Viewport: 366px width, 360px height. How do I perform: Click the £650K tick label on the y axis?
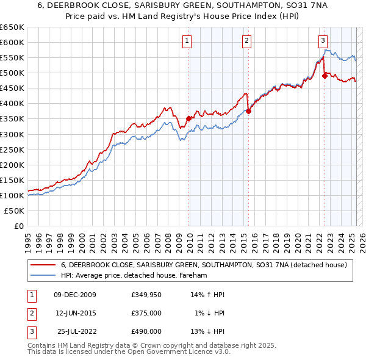pos(13,27)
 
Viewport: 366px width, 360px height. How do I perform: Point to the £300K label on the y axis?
pos(13,134)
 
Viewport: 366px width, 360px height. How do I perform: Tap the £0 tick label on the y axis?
pos(18,226)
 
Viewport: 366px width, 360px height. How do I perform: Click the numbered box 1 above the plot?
pos(186,41)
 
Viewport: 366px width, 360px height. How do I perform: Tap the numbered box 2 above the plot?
pos(246,41)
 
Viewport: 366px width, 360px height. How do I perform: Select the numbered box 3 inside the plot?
pos(323,41)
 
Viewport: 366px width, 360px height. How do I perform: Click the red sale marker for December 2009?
pos(189,118)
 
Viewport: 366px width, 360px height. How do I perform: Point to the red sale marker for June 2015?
pos(248,111)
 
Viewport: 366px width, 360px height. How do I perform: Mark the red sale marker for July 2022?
pos(325,76)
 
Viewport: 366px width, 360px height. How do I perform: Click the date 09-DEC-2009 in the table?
pos(75,295)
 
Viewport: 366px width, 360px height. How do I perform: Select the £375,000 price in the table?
pos(146,313)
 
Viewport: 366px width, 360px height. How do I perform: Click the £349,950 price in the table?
pos(146,295)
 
